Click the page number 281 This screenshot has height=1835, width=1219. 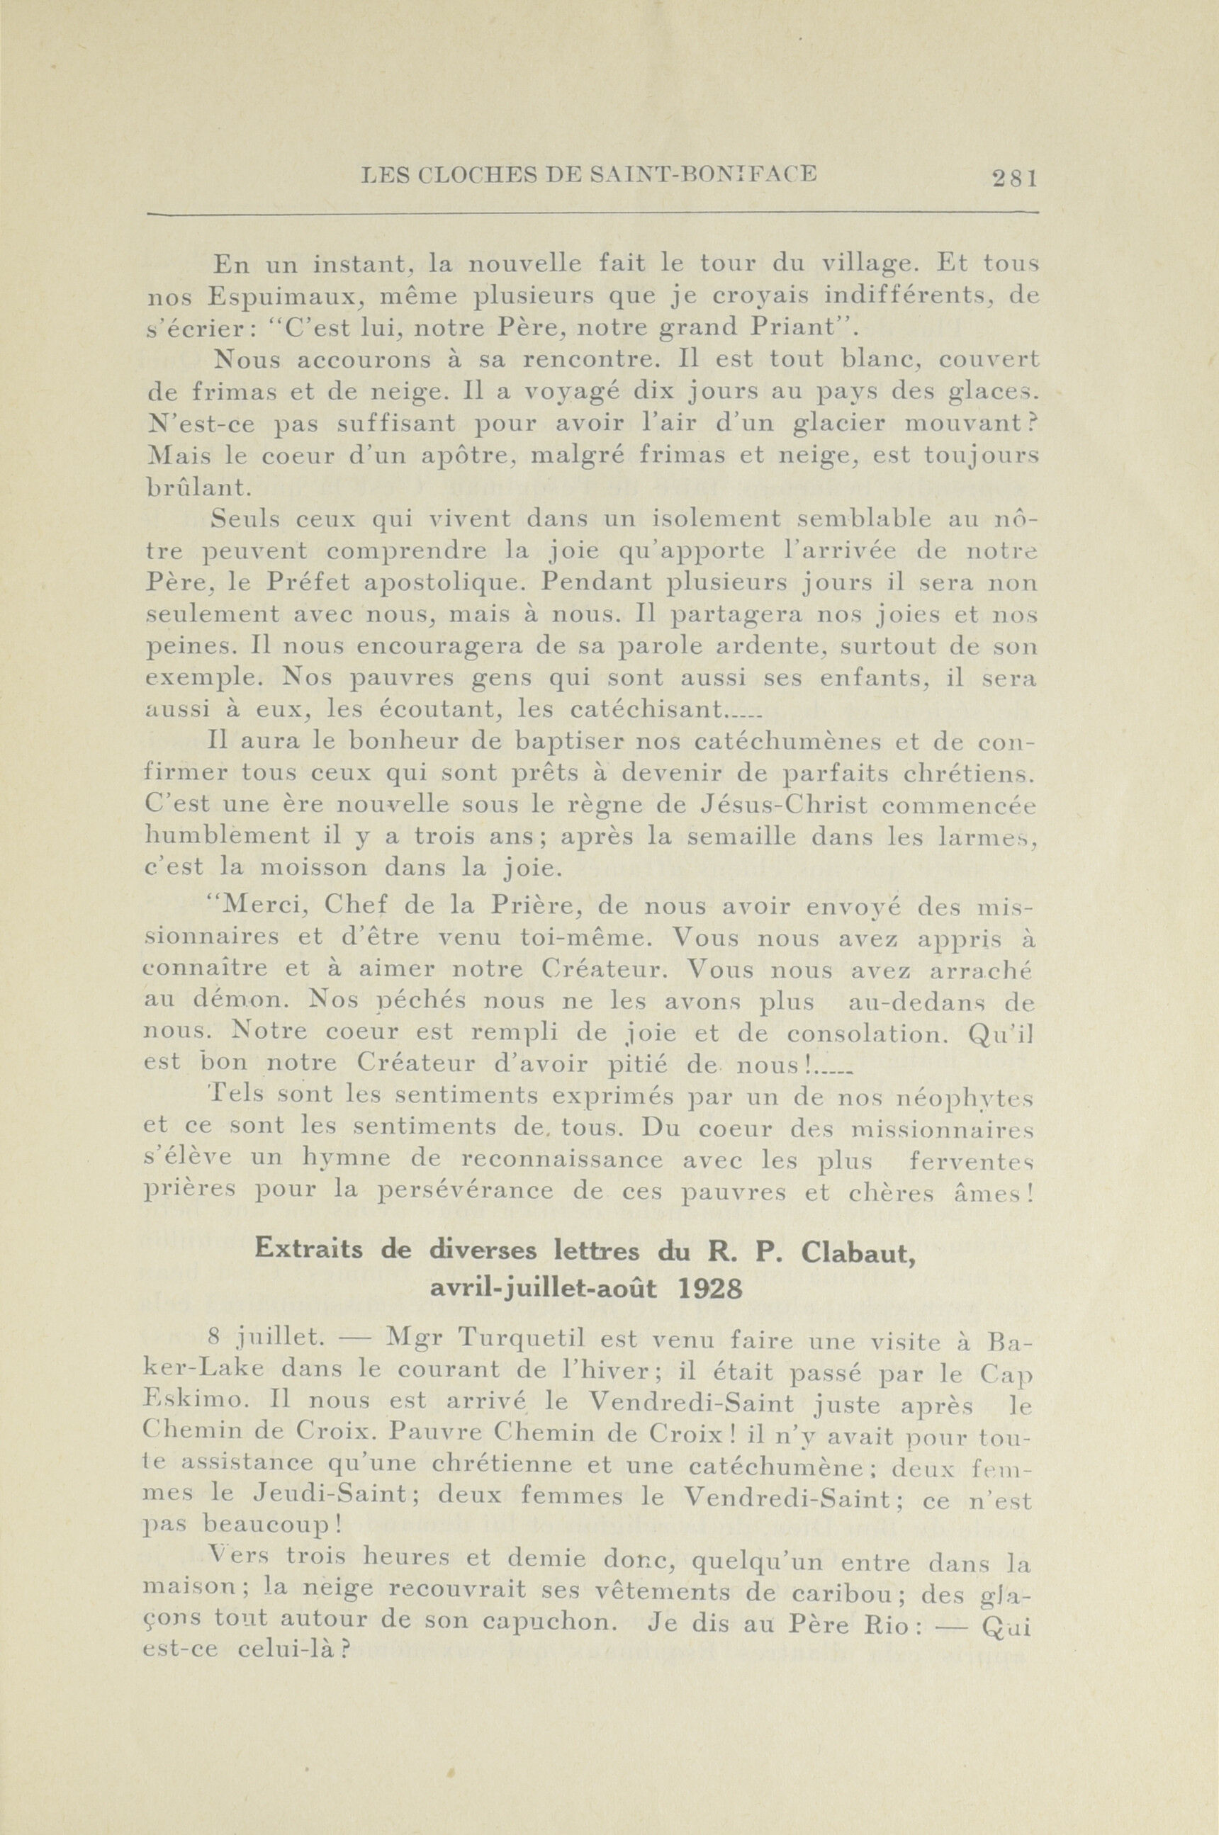click(1015, 179)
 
